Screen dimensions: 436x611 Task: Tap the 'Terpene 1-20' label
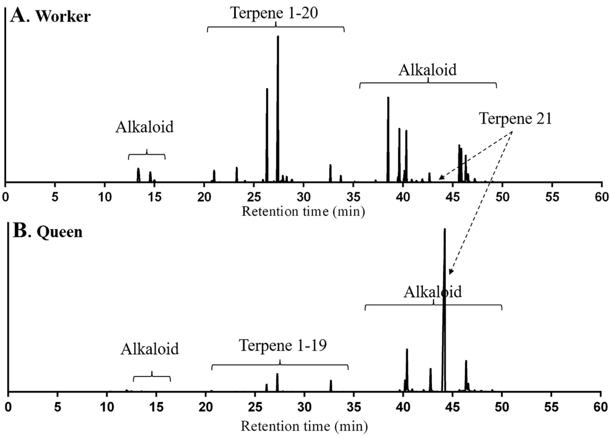pos(274,13)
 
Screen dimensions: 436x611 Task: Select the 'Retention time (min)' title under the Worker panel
pos(303,211)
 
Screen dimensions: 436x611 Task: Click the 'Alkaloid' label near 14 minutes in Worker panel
pos(144,127)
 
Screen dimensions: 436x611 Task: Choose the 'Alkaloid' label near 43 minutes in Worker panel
pos(427,70)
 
